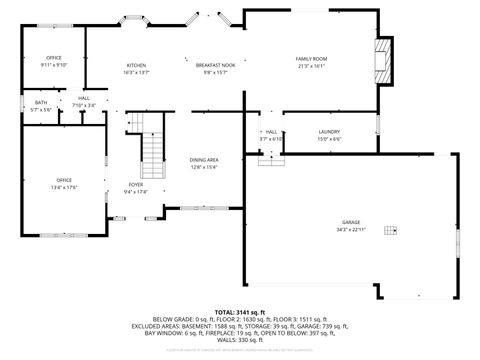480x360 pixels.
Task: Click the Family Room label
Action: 311,59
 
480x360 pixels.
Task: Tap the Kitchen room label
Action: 136,66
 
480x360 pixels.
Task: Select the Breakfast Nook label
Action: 216,66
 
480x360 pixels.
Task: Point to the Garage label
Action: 350,222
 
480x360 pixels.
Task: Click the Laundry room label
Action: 330,132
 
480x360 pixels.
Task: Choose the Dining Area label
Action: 204,160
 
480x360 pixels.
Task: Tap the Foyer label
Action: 135,185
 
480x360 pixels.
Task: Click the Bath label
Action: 40,102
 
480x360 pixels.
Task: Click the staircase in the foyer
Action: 153,146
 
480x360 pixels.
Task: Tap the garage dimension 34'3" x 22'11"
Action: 350,230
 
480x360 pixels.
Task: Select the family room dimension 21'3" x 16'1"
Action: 311,66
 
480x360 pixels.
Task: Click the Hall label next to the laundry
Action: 271,132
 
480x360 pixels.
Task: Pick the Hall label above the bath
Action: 84,98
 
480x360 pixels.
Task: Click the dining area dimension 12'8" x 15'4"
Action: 204,167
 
